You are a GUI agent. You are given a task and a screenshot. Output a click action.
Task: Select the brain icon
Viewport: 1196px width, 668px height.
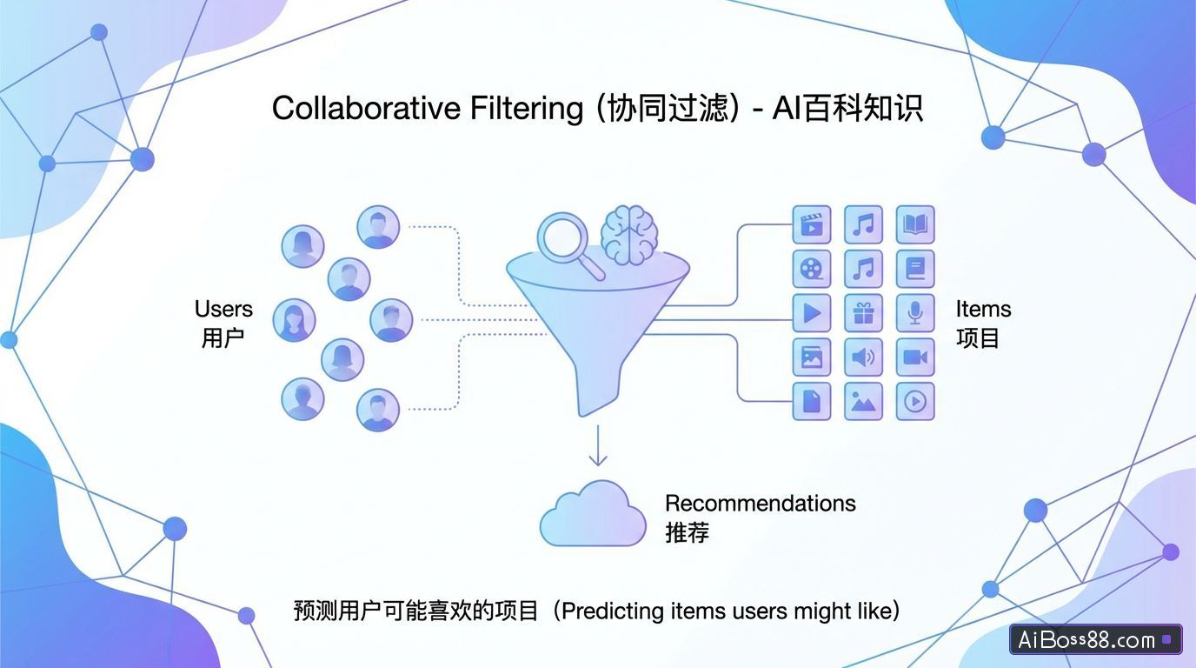(629, 235)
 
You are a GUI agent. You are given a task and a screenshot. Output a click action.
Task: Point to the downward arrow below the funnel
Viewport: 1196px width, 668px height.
(597, 445)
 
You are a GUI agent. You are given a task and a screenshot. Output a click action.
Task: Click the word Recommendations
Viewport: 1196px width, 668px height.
(760, 504)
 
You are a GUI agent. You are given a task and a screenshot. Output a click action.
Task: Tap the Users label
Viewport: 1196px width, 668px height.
(223, 310)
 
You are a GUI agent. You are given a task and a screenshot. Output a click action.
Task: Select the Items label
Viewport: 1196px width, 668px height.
(983, 310)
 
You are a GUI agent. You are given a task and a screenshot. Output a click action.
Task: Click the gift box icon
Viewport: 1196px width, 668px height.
(863, 313)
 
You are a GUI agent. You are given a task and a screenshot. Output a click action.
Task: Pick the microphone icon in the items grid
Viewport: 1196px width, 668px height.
(914, 313)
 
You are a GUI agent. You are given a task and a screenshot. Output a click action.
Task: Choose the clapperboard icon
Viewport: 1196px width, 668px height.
(812, 224)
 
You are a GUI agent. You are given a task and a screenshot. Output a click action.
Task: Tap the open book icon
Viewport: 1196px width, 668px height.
(914, 224)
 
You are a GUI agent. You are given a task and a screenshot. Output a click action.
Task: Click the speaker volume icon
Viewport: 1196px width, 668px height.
(863, 357)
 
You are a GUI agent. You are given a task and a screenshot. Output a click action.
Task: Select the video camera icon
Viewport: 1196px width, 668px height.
(914, 357)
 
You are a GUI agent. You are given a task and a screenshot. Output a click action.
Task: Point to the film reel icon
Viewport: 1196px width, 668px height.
(812, 269)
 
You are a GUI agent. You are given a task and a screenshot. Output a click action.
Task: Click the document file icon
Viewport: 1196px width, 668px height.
(812, 402)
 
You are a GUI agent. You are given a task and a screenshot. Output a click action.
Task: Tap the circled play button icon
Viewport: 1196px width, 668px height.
(914, 402)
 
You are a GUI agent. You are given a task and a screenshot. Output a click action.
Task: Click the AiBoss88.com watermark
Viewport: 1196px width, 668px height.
(1094, 640)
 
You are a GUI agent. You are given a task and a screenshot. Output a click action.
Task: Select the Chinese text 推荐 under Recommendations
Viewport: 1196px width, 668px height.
(687, 532)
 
